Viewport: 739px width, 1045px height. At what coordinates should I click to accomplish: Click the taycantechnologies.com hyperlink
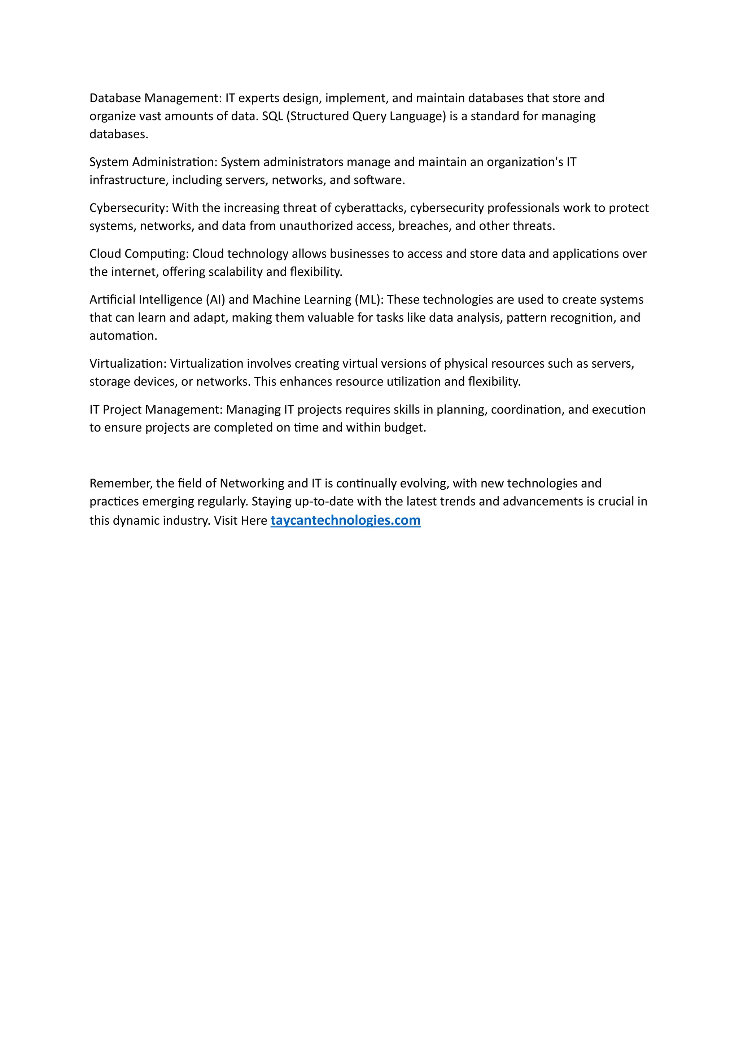345,520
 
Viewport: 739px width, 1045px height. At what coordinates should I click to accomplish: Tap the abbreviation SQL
272,116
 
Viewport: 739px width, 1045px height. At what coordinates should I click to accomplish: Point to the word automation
123,336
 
